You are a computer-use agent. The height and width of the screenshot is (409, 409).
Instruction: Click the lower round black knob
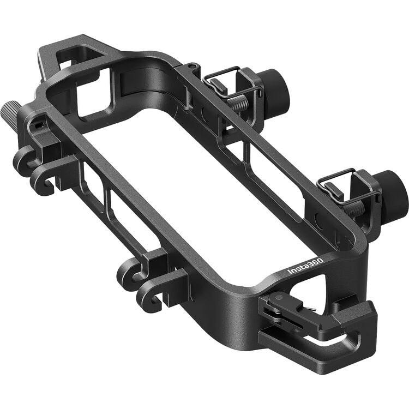394,189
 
